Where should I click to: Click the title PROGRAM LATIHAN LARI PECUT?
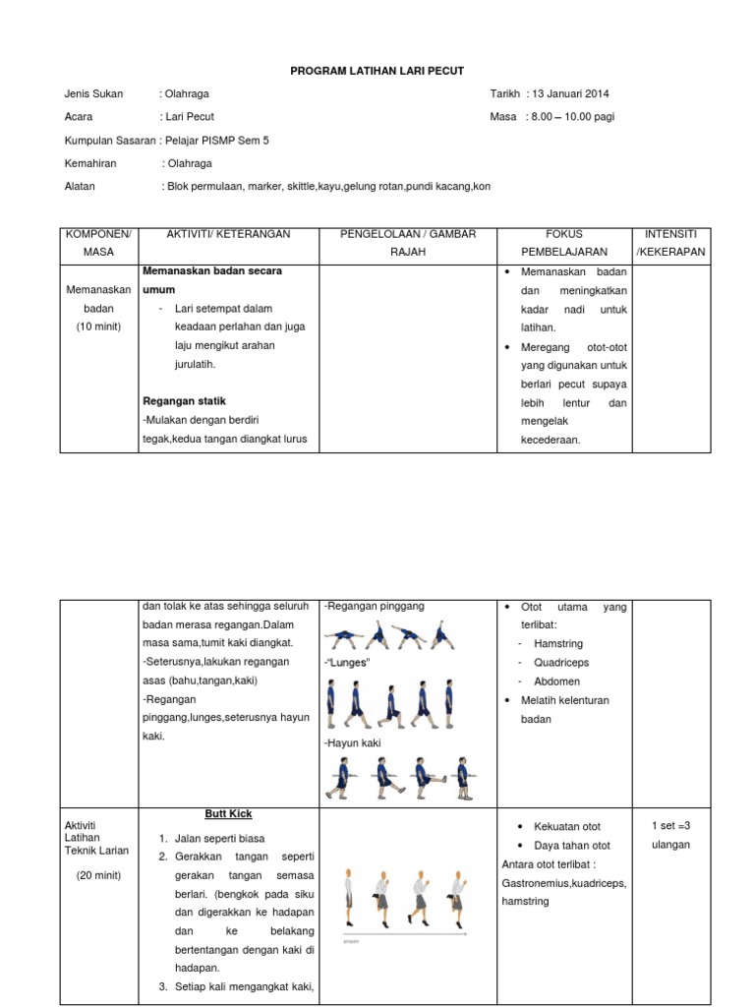click(x=377, y=71)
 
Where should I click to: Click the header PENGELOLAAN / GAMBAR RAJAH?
click(x=406, y=243)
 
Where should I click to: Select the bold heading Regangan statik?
click(x=185, y=401)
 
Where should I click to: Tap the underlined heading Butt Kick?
click(x=228, y=814)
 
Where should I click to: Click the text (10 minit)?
click(x=98, y=326)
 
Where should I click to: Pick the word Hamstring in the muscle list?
click(x=558, y=643)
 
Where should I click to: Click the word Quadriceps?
click(x=560, y=662)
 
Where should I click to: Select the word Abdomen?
click(x=555, y=681)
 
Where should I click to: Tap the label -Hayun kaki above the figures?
click(x=352, y=743)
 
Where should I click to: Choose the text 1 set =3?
click(x=670, y=826)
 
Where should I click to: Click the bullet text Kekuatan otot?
click(x=567, y=827)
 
